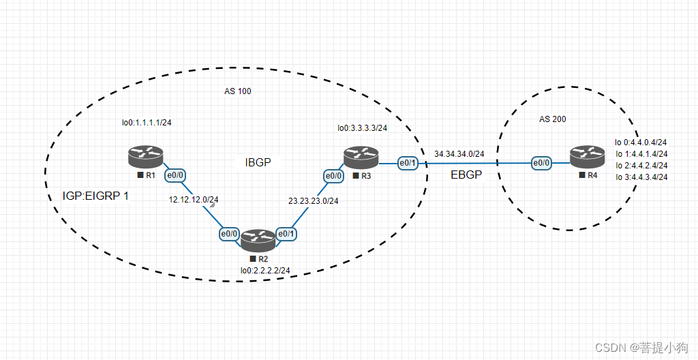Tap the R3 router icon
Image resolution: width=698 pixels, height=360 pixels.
(x=360, y=157)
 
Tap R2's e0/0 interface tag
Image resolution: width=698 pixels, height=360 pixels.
(x=228, y=234)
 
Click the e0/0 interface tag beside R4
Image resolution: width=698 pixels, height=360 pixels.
(x=541, y=163)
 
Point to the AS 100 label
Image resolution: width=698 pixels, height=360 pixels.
(x=237, y=91)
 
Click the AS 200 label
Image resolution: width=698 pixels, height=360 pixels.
(x=552, y=119)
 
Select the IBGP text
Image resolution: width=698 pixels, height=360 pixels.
(x=258, y=162)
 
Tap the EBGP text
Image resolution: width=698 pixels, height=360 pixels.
(x=466, y=175)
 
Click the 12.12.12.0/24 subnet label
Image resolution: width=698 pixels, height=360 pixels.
(x=194, y=200)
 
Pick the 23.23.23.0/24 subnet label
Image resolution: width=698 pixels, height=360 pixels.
(x=313, y=201)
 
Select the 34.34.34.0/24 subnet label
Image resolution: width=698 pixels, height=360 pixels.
(x=459, y=154)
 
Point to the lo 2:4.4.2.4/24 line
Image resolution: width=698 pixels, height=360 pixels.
(x=640, y=166)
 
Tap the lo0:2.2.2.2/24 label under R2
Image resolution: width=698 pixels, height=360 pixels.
(x=265, y=271)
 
